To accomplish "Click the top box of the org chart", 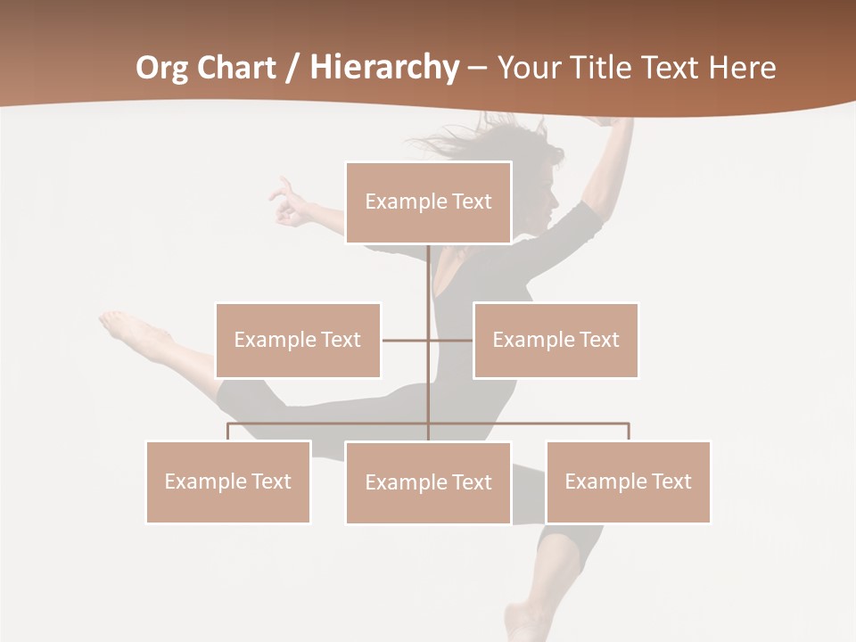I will (x=428, y=202).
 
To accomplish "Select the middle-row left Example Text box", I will (x=298, y=340).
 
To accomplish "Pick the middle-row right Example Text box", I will (x=556, y=340).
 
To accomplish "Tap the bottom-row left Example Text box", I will (x=228, y=481).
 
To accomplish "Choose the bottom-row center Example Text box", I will (x=428, y=482).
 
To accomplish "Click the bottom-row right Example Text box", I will (x=628, y=481).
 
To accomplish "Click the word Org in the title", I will (x=161, y=68).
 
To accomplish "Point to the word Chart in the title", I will (x=234, y=68).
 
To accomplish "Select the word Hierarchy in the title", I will (x=383, y=68).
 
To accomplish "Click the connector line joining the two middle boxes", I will (x=407, y=340).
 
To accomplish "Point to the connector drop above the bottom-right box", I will (x=629, y=432).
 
